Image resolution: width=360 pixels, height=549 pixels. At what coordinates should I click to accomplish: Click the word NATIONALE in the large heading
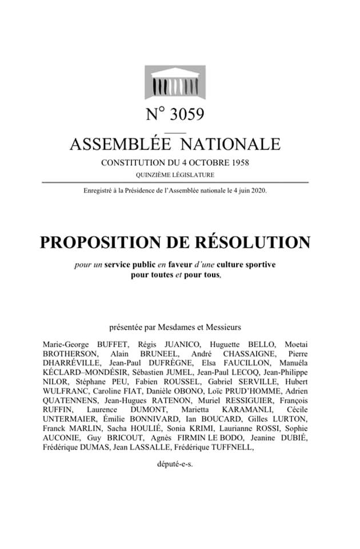pyautogui.click(x=233, y=144)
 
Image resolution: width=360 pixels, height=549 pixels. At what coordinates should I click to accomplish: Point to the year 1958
pyautogui.click(x=237, y=162)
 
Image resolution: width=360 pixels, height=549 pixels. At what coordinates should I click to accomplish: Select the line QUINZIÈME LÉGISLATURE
pyautogui.click(x=175, y=174)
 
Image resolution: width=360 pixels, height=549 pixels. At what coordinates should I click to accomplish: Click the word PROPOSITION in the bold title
pyautogui.click(x=106, y=242)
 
